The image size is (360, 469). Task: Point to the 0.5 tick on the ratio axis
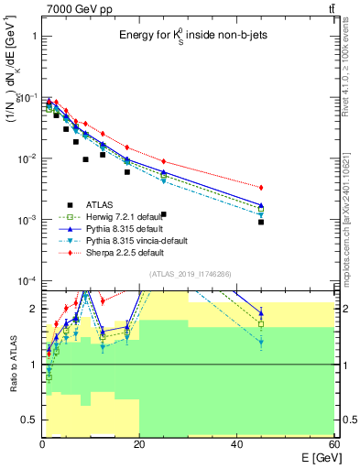pyautogui.click(x=29, y=420)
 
